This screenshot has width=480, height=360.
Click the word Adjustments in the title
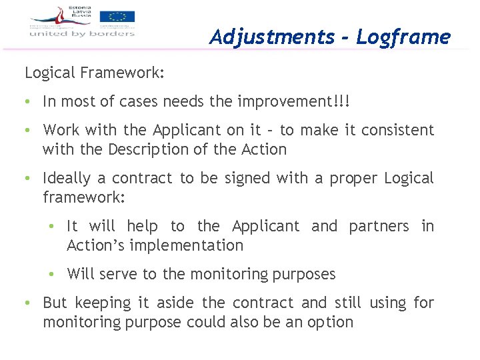click(x=271, y=37)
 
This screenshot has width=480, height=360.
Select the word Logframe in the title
click(x=403, y=37)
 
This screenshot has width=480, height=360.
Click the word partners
click(x=379, y=226)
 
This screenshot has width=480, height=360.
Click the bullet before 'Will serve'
click(x=51, y=274)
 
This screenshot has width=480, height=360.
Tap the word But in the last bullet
click(x=55, y=303)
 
